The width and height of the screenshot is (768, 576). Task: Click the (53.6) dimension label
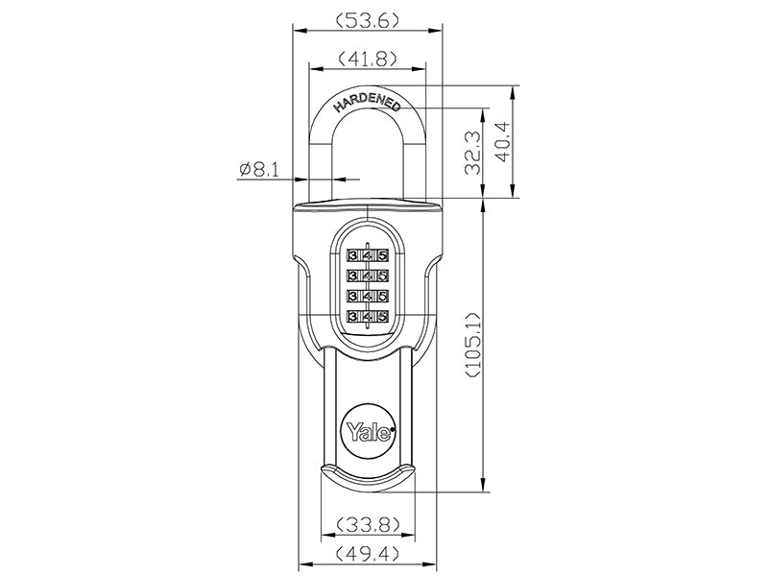tap(369, 19)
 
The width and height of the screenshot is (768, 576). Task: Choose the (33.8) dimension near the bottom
tap(366, 524)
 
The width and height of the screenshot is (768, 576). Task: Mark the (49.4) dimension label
tap(366, 554)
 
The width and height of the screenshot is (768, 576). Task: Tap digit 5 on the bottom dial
tap(382, 316)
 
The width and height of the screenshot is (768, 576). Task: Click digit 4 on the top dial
tap(368, 256)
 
